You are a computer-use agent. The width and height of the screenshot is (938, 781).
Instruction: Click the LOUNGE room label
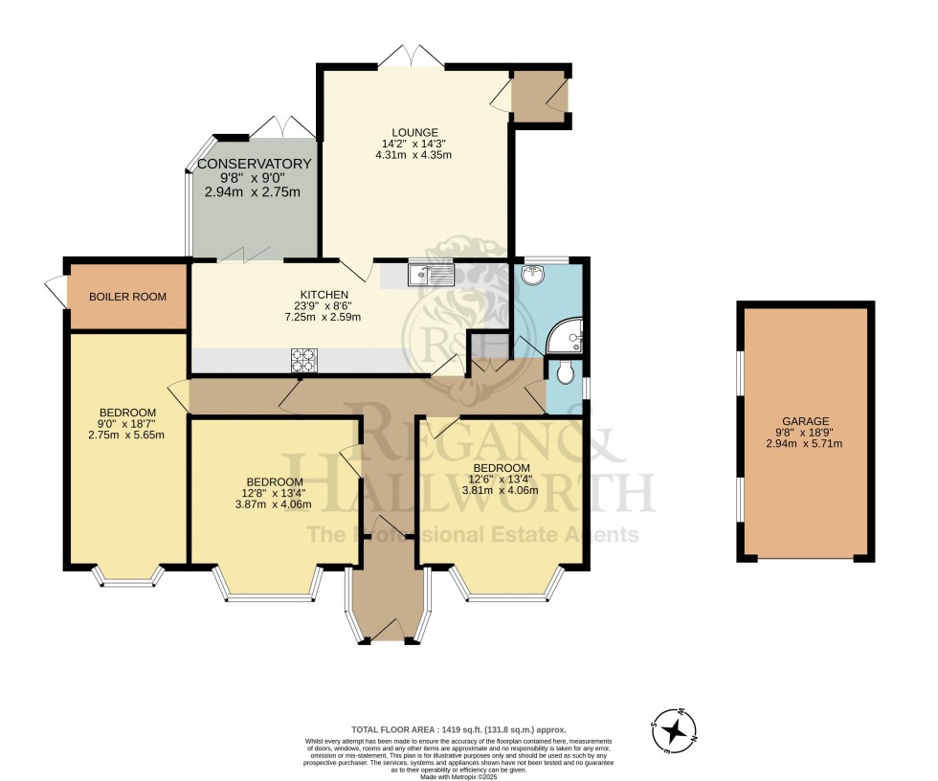point(413,132)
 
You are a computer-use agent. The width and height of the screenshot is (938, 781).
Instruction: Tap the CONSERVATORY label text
point(254,164)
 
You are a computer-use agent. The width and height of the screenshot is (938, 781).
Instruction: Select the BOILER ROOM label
point(127,297)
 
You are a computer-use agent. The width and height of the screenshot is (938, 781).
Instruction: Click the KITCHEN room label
point(324,294)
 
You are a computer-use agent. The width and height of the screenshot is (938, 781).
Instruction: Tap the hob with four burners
point(304,360)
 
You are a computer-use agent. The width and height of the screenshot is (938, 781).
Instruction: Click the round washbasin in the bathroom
point(531,277)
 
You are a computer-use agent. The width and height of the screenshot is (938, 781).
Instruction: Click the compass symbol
point(676,731)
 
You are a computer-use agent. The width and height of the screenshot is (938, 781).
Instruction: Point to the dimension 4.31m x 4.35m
point(413,155)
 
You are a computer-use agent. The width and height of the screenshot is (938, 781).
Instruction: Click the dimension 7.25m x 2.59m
point(324,317)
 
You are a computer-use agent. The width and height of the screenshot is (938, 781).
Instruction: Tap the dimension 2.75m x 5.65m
point(125,435)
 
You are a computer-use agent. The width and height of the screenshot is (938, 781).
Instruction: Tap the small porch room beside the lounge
point(539,96)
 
